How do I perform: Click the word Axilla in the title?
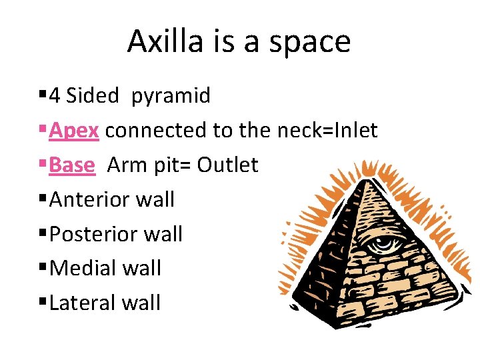[x=159, y=41]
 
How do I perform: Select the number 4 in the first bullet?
[x=55, y=96]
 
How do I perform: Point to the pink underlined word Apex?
[x=74, y=131]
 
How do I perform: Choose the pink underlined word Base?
[x=72, y=165]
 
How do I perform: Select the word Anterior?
[x=89, y=199]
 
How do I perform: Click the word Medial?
[x=81, y=268]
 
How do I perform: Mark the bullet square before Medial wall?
[x=43, y=268]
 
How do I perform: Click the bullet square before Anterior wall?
[x=43, y=199]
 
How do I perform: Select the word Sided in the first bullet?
[x=93, y=96]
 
